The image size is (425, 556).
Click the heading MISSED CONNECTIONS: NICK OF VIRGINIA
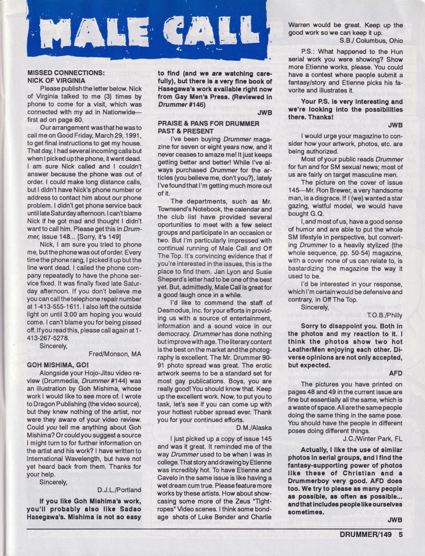tap(65, 76)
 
